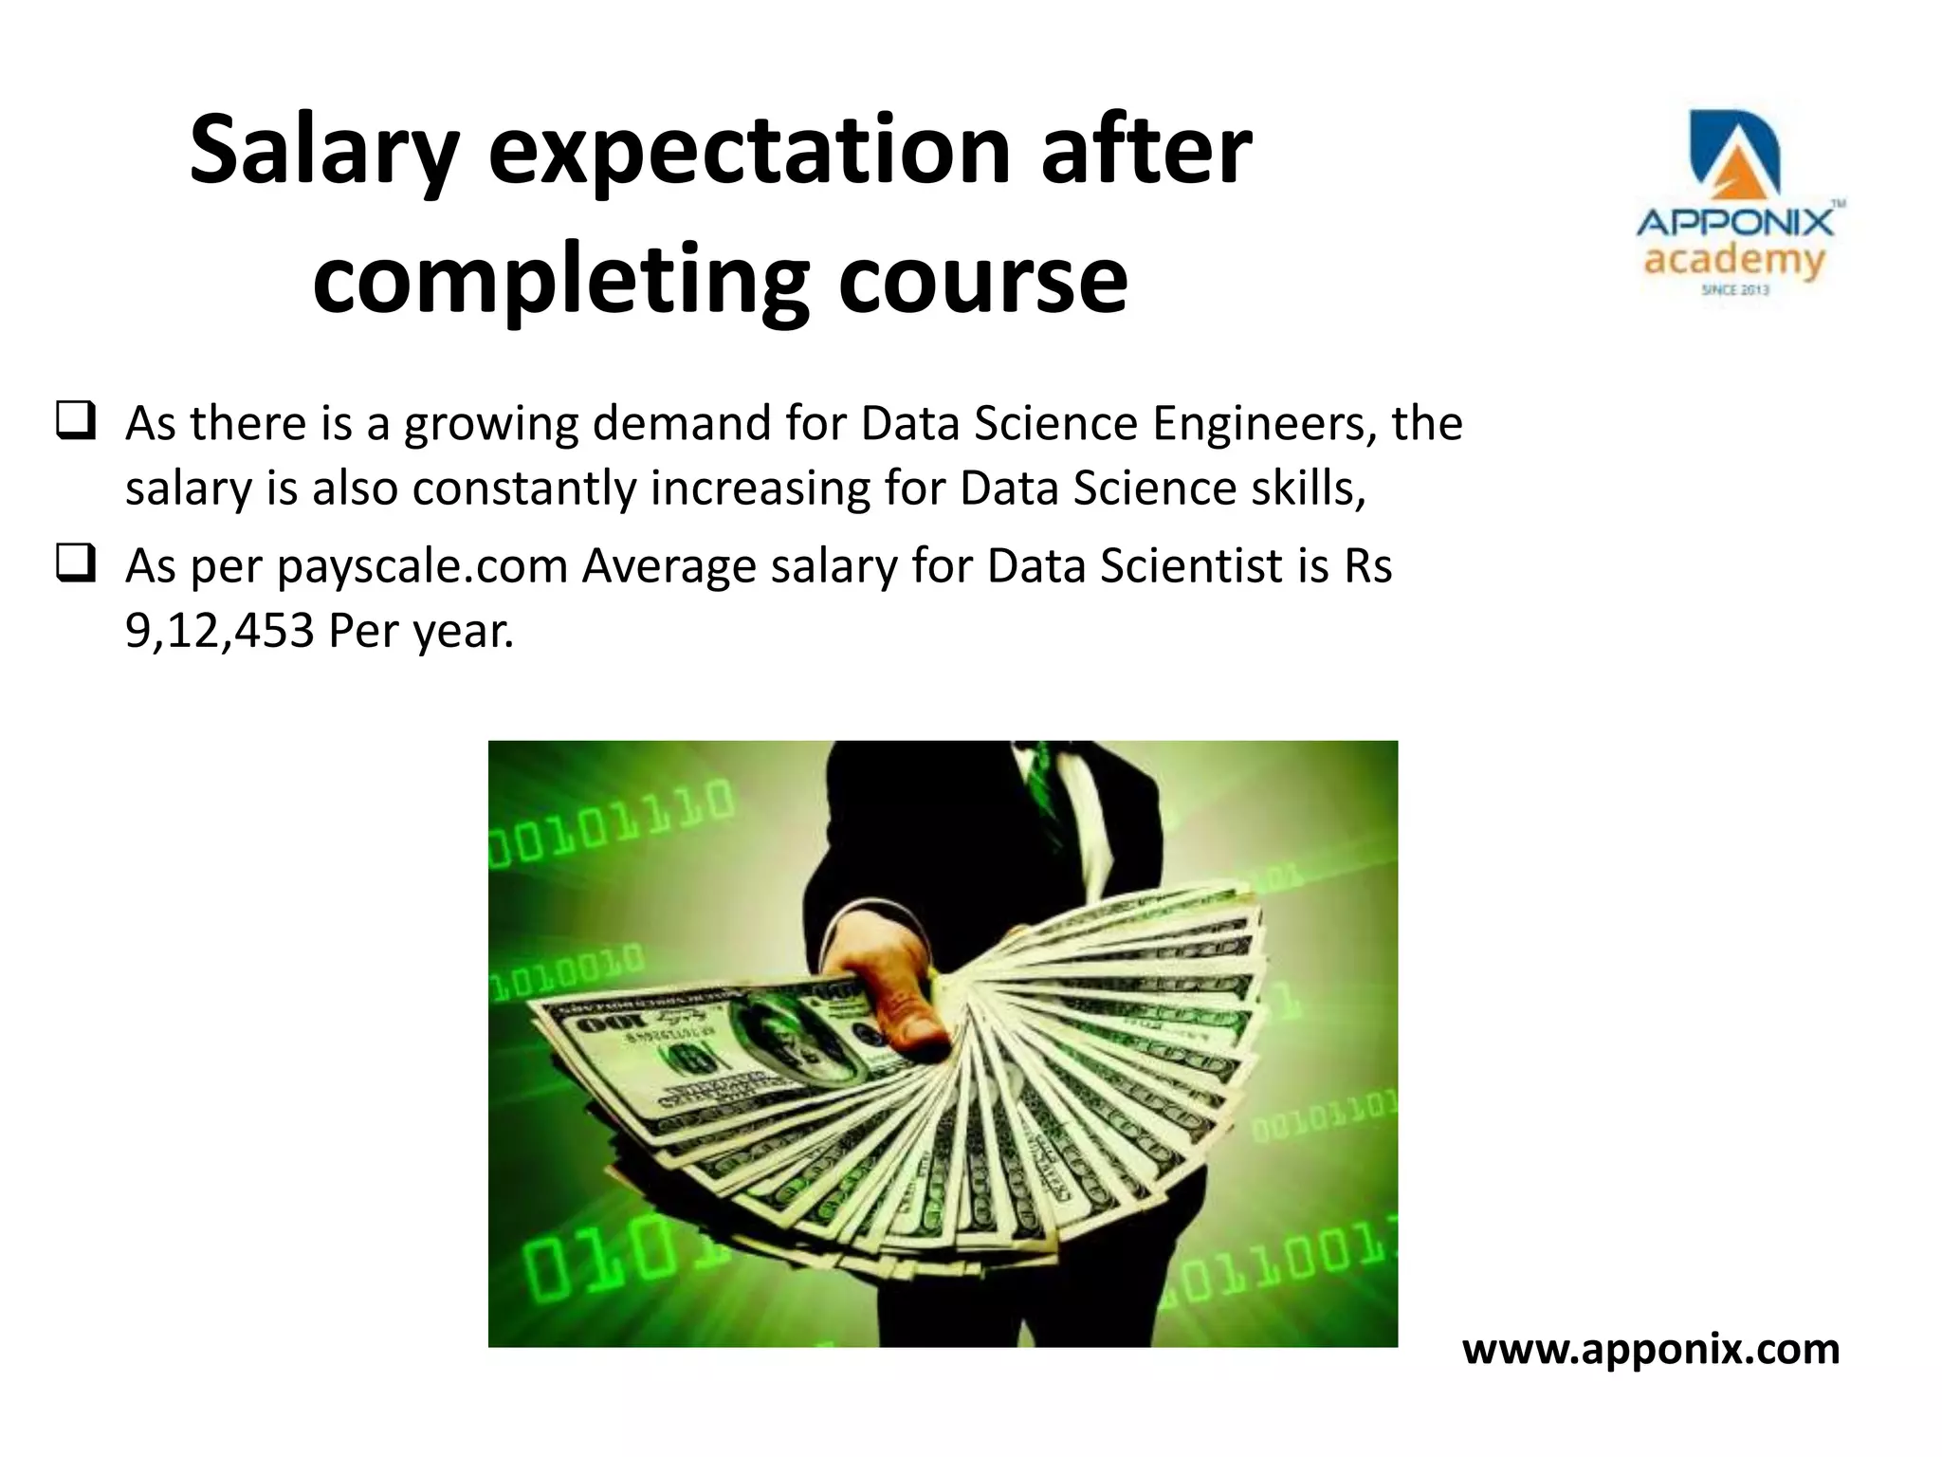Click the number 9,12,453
(219, 631)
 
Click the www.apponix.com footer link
(1651, 1349)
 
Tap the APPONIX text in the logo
(1734, 224)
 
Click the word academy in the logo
(1734, 260)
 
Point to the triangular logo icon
(1734, 157)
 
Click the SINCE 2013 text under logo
(1734, 289)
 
